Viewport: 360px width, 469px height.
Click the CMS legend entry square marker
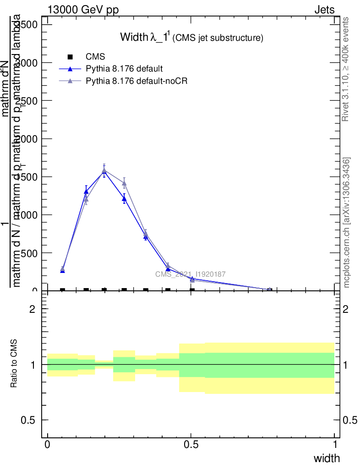[70, 57]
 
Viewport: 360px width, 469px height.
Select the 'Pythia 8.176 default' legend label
[124, 69]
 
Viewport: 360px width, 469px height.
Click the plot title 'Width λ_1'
[145, 37]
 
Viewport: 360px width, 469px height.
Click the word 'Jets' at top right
[324, 10]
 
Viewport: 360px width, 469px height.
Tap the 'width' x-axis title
[327, 458]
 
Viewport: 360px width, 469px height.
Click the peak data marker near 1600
[104, 170]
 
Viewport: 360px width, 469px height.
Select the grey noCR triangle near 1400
[124, 183]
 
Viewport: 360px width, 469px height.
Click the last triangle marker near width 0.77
[269, 289]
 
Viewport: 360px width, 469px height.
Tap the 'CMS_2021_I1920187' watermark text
[190, 274]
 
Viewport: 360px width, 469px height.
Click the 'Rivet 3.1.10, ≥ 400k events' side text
[346, 69]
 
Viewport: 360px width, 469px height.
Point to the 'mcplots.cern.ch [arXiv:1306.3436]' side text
[347, 223]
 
